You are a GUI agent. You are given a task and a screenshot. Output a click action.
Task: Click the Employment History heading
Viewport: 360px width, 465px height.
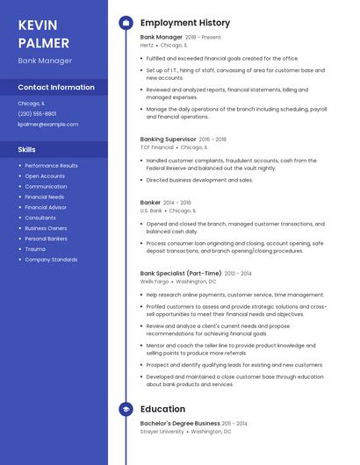(185, 23)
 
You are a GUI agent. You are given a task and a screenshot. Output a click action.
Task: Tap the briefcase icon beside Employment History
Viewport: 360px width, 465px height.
(126, 23)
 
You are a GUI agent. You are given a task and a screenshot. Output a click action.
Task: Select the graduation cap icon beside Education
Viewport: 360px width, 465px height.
(126, 409)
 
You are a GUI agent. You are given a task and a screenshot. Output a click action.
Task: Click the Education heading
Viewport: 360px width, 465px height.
(162, 409)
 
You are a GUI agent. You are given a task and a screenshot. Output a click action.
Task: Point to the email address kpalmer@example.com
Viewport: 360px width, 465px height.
(48, 125)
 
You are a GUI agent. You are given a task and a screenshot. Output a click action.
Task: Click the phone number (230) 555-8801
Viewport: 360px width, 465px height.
(37, 114)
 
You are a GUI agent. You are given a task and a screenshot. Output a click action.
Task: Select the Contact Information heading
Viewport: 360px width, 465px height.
(56, 88)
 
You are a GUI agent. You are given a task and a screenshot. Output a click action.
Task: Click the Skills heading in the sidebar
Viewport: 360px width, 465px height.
(26, 149)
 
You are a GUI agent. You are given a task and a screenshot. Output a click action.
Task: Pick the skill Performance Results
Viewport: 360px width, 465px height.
(51, 166)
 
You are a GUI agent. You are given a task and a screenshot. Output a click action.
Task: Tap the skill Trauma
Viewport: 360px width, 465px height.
(35, 249)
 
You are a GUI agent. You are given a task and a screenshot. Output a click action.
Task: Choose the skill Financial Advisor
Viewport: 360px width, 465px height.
(46, 207)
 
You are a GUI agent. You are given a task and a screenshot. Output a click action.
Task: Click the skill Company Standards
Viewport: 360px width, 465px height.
(51, 260)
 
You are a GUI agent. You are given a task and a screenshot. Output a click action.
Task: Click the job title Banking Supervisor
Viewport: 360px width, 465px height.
(168, 139)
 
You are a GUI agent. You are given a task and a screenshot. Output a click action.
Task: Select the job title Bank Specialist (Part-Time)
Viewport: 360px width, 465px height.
(181, 274)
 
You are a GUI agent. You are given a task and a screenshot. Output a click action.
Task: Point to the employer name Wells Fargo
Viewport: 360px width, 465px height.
(154, 282)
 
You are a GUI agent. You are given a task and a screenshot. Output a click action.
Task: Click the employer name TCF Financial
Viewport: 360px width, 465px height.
(156, 147)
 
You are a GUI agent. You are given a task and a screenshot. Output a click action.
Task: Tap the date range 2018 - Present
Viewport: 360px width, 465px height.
(203, 38)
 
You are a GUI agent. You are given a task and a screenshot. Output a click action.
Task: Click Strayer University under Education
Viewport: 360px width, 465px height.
(162, 432)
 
